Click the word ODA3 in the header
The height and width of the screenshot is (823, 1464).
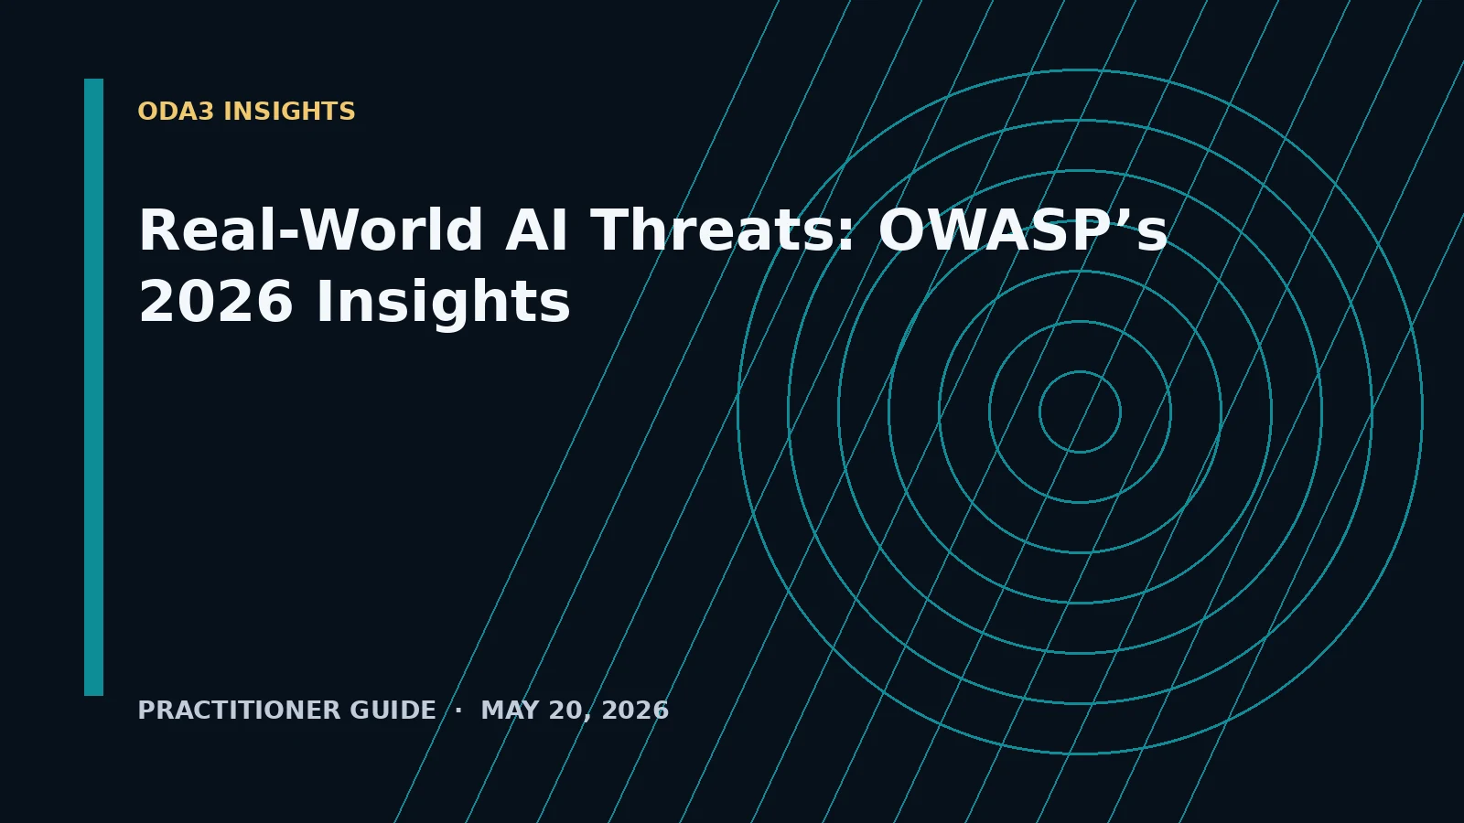[x=176, y=112]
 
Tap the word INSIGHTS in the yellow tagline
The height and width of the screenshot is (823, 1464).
[x=289, y=112]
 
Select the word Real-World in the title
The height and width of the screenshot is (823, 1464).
[x=311, y=230]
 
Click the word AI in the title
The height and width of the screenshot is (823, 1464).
[x=536, y=230]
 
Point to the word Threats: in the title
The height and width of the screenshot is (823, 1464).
[x=722, y=230]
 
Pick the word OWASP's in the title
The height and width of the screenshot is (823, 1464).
[x=1022, y=230]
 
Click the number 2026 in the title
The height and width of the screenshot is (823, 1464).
[x=216, y=301]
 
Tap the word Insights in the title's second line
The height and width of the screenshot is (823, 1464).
[x=443, y=301]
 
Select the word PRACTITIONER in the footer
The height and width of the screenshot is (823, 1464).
[x=239, y=710]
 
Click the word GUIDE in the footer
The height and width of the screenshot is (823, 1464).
[x=393, y=710]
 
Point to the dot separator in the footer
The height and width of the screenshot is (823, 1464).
[x=458, y=710]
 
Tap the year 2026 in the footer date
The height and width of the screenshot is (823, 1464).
[x=635, y=710]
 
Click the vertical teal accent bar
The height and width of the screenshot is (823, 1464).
[x=93, y=388]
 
